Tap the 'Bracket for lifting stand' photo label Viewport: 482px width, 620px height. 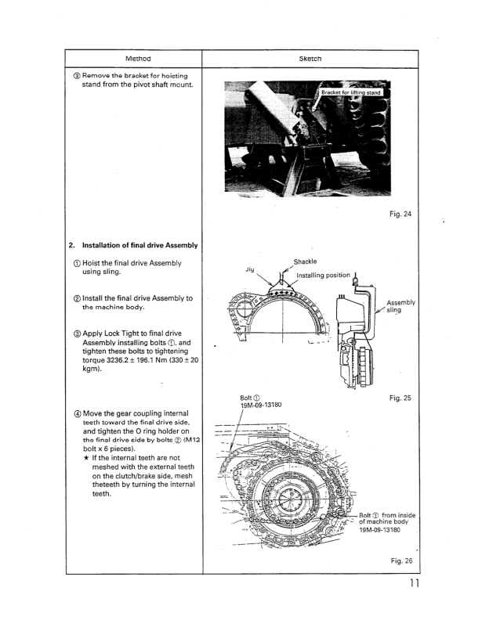[x=351, y=93]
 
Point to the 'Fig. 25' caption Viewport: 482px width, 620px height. [x=400, y=398]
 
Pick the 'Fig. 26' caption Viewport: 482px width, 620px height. [x=400, y=560]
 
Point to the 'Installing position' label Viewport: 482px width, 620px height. [x=324, y=276]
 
